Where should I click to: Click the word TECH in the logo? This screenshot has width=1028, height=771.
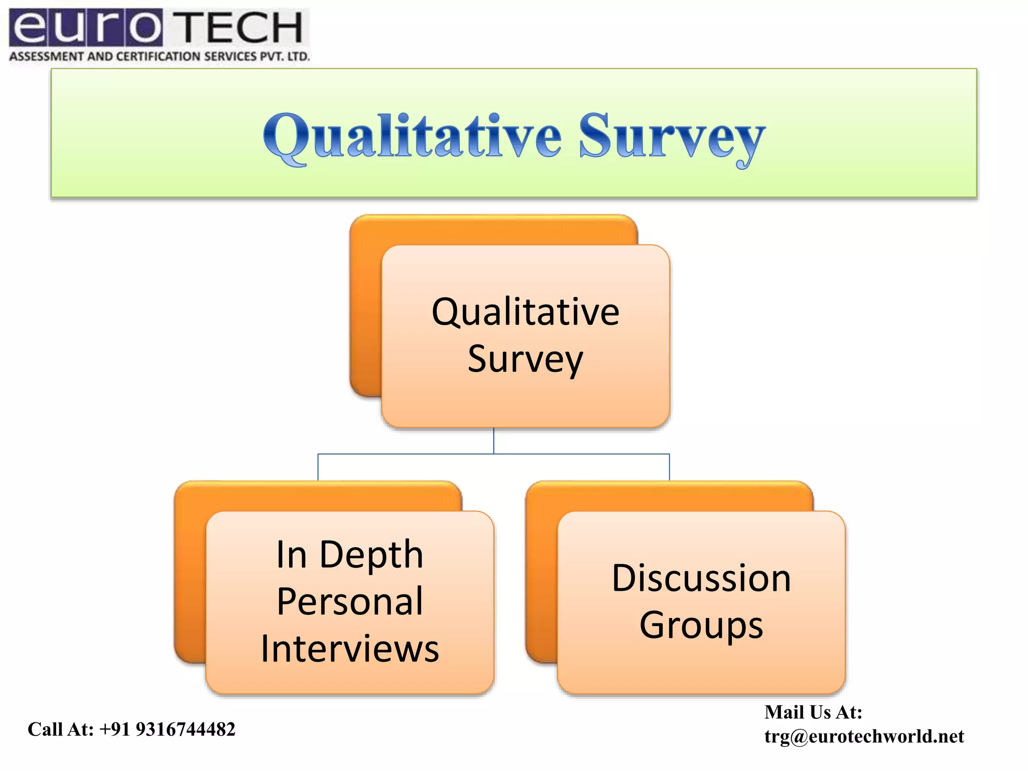[240, 28]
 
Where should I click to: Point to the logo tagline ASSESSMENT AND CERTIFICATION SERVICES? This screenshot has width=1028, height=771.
[159, 56]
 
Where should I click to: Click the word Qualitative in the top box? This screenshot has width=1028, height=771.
[526, 312]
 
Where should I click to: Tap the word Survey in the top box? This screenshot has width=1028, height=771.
[526, 359]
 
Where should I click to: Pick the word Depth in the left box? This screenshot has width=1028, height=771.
[371, 555]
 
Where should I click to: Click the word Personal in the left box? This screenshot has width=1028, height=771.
[350, 601]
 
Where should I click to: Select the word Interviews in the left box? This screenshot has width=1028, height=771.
[350, 649]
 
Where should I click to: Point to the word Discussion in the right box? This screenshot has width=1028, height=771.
[701, 578]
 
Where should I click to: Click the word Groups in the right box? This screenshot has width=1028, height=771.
[701, 625]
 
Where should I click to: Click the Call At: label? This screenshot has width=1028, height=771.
[61, 729]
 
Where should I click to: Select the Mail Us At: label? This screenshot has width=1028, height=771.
[813, 712]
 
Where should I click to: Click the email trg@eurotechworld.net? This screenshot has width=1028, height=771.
[864, 736]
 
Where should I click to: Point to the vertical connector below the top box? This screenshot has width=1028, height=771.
[494, 441]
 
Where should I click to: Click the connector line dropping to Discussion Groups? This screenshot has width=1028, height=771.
[669, 467]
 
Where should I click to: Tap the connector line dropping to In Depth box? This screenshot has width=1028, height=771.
[318, 467]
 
